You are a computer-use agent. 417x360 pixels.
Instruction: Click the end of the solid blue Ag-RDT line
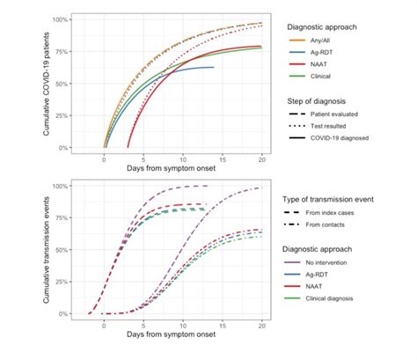[214, 67]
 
